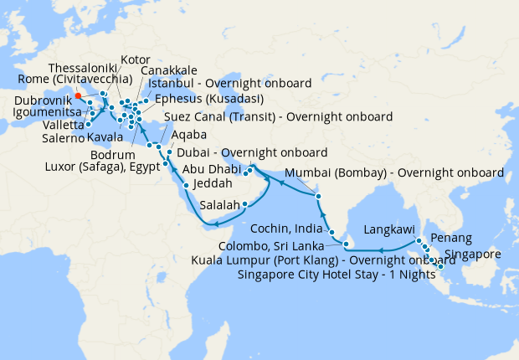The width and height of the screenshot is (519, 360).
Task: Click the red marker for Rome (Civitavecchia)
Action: [x=78, y=95]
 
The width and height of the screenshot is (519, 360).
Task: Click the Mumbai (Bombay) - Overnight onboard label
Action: [x=394, y=172]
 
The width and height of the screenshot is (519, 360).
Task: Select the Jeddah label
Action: [x=210, y=183]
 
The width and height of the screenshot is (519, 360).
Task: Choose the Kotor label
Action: [x=136, y=60]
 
